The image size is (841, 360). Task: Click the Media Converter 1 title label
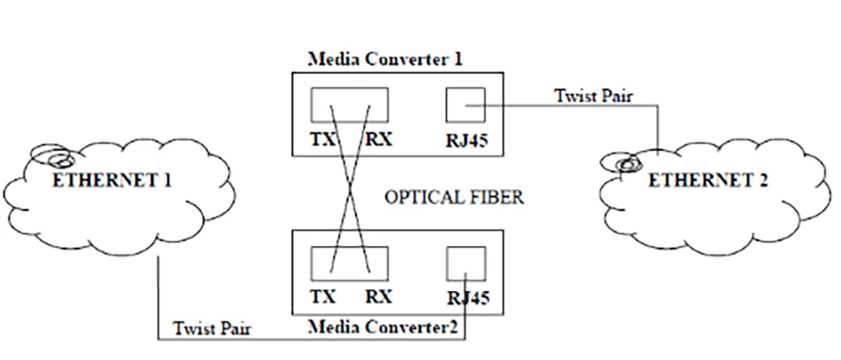click(386, 60)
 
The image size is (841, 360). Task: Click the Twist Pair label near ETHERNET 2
click(594, 94)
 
